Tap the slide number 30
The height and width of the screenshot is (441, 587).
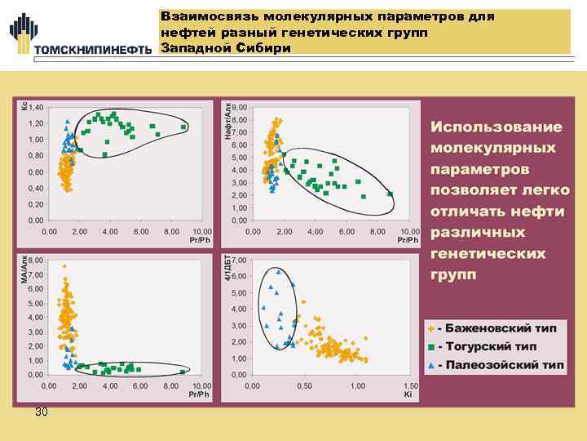click(x=42, y=412)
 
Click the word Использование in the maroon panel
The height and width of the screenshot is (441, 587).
click(x=497, y=127)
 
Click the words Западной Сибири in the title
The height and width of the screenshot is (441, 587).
click(x=226, y=48)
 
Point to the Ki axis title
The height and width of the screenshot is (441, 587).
click(x=408, y=394)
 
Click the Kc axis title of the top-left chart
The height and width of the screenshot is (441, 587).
click(x=24, y=105)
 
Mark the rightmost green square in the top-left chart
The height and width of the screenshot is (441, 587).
click(x=184, y=127)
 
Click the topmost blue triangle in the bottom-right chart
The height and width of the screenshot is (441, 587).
click(x=279, y=271)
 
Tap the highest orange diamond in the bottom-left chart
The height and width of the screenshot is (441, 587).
click(x=64, y=266)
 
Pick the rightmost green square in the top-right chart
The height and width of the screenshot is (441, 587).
click(x=391, y=194)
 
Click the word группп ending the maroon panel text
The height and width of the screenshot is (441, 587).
click(x=453, y=274)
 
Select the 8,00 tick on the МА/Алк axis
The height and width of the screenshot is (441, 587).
click(x=37, y=264)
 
